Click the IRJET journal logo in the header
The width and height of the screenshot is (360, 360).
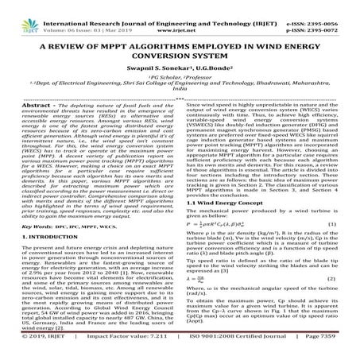[19, 11]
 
